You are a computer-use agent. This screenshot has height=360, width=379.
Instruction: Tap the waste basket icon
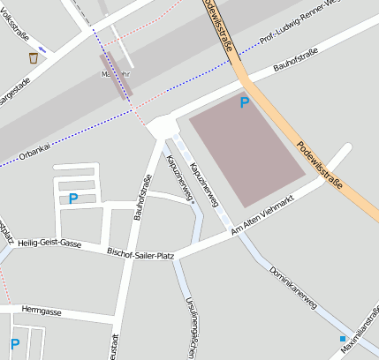click(34, 57)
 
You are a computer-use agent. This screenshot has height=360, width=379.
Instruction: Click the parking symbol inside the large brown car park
click(245, 103)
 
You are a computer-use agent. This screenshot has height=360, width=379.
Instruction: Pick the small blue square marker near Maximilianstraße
click(343, 338)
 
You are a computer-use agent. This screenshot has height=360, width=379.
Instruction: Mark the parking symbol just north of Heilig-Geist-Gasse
click(73, 199)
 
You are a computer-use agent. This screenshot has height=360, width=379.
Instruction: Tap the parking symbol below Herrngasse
click(14, 343)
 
